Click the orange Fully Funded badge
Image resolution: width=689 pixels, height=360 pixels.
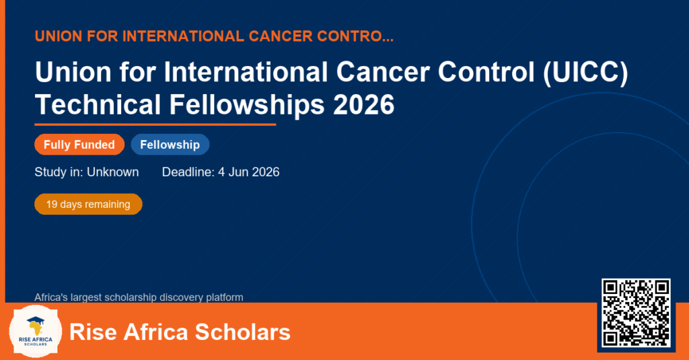click(x=79, y=145)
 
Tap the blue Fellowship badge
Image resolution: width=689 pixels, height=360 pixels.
click(x=170, y=145)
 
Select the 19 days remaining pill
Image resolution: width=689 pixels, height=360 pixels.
click(x=88, y=205)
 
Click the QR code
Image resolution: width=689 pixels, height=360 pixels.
click(x=636, y=313)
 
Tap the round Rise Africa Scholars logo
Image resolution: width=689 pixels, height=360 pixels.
click(x=36, y=332)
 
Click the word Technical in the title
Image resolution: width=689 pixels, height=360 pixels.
click(x=98, y=105)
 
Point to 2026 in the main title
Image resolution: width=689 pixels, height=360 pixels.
click(x=364, y=105)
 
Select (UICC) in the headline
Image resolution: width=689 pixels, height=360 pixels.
click(x=586, y=72)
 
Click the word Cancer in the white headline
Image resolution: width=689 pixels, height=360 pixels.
click(x=383, y=72)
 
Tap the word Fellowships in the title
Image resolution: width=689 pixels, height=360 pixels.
click(x=247, y=105)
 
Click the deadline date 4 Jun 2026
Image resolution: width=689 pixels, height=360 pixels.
click(x=249, y=172)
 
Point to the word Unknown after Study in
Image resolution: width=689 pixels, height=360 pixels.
click(x=113, y=172)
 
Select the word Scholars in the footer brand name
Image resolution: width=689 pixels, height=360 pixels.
click(x=242, y=332)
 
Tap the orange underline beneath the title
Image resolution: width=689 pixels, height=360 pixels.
click(x=155, y=125)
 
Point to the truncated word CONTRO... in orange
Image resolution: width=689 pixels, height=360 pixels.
click(x=355, y=36)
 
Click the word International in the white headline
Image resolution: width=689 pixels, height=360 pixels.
click(x=246, y=72)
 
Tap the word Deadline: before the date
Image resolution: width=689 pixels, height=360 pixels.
click(x=188, y=172)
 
